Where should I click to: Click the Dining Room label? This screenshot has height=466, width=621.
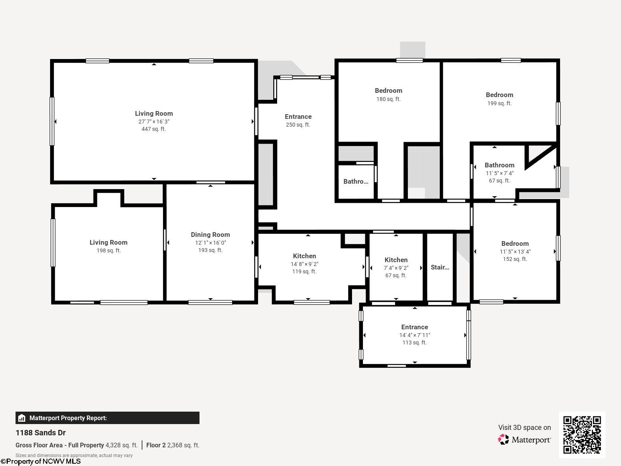pos(210,235)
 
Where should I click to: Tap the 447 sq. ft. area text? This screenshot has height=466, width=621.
pos(154,129)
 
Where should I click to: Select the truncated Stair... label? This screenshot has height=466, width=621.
pos(440,267)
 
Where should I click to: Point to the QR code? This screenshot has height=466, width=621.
pos(582,435)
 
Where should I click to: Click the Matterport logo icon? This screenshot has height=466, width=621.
pos(503,440)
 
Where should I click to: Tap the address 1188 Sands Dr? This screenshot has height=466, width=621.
pos(40,433)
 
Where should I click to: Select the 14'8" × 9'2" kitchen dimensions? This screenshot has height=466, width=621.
pos(304,264)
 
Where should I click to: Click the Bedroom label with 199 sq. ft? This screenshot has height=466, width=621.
pos(500,95)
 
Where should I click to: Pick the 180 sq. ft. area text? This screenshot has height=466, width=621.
pos(389,99)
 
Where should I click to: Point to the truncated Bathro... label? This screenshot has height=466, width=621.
pos(356,181)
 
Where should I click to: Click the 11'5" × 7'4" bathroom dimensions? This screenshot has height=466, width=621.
pos(500,173)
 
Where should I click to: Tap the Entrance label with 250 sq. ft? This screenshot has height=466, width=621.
pos(298,116)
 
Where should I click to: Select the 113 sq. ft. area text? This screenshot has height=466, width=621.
pos(415,343)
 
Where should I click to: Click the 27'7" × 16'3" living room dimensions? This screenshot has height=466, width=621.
pos(154,122)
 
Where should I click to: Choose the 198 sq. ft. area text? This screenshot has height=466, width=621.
pos(108,250)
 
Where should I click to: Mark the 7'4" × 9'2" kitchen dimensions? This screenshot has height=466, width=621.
pos(396,268)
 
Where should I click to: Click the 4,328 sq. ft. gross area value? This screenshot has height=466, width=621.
pos(121,445)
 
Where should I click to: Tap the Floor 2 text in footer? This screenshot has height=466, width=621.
pos(156,445)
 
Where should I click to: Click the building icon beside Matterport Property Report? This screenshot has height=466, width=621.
pos(22,418)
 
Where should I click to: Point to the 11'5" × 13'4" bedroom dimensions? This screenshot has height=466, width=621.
pos(515,252)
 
